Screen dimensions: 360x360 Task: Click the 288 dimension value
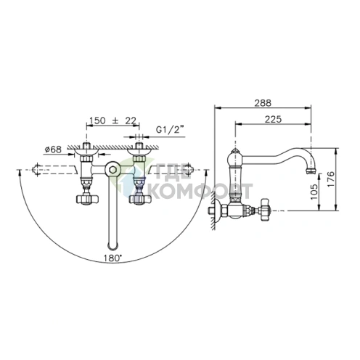click(x=263, y=103)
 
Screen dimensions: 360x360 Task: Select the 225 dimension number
click(x=273, y=119)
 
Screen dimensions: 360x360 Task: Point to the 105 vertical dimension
click(x=314, y=192)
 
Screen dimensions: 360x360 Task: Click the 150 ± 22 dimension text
click(x=112, y=120)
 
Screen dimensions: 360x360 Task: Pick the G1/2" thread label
click(x=170, y=130)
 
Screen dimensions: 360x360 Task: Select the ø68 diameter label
click(x=53, y=150)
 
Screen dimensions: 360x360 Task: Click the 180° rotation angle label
click(x=112, y=258)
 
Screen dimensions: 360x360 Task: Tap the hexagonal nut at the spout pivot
click(x=112, y=170)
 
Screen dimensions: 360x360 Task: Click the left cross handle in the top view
click(x=87, y=199)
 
